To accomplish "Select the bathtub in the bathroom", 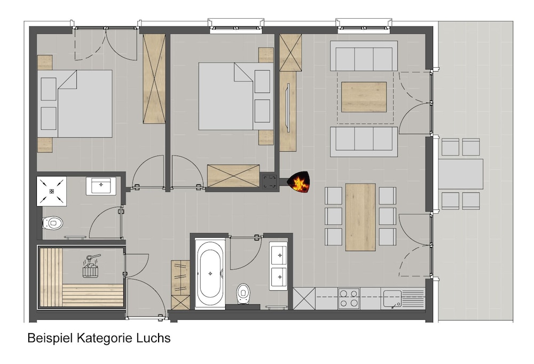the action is tap(210, 274).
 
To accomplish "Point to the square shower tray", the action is tap(52, 191).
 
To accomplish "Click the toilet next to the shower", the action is tap(52, 223).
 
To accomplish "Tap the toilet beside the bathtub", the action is tap(242, 293).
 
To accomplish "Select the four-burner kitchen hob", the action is tap(349, 299).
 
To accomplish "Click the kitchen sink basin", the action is tap(392, 299).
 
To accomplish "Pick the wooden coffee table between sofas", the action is tap(364, 97).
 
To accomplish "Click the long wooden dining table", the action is tap(360, 217).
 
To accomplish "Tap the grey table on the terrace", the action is tap(461, 174).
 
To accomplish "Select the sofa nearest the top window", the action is tap(364, 56).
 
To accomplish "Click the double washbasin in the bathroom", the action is tap(279, 266).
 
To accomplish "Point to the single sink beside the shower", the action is tap(101, 186).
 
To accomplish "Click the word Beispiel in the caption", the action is tap(50, 338).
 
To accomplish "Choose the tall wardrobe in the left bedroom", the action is tap(154, 79).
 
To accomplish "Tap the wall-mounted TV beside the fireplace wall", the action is tap(288, 107).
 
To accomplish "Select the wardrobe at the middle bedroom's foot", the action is tap(233, 176).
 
